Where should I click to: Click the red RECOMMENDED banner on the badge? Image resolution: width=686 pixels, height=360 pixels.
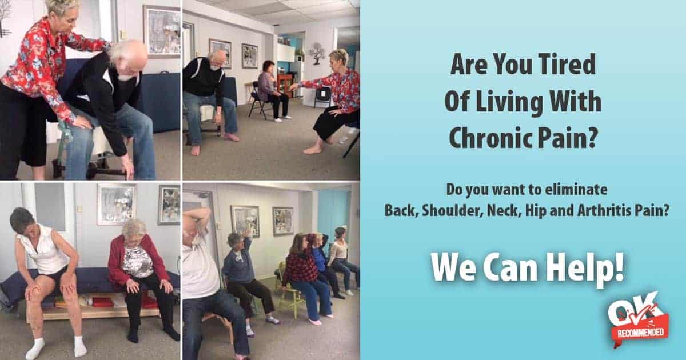[641, 332]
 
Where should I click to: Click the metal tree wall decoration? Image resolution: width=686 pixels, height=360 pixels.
[317, 53]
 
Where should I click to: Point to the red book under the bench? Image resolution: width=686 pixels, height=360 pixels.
[103, 302]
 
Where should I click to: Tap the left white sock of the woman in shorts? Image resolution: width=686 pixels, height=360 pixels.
[35, 349]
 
